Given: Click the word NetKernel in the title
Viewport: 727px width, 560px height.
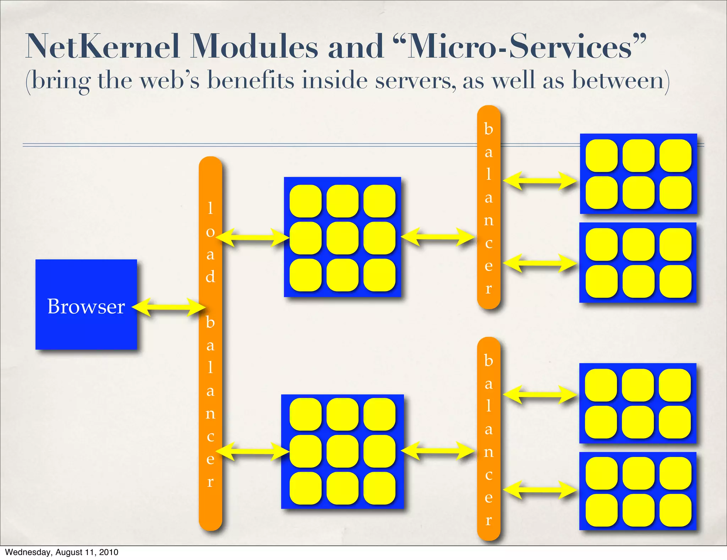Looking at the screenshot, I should click(x=103, y=47).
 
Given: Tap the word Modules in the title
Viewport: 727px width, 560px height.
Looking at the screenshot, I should click(x=254, y=47).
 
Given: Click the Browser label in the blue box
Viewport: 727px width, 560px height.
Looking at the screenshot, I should click(x=86, y=306).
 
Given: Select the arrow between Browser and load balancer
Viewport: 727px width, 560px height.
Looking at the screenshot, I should click(x=168, y=307).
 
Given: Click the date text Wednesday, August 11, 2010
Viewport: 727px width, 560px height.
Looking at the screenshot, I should click(x=61, y=552).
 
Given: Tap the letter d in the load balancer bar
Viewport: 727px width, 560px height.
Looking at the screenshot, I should click(x=211, y=276).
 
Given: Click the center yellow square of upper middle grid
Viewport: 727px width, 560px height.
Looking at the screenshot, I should click(x=343, y=238).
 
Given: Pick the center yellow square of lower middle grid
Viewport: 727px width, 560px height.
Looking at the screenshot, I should click(x=343, y=451).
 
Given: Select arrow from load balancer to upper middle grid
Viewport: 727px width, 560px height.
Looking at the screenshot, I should click(x=253, y=238).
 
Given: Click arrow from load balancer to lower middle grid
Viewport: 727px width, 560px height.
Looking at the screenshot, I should click(x=253, y=451).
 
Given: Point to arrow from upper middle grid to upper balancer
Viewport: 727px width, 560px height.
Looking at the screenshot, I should click(x=438, y=237).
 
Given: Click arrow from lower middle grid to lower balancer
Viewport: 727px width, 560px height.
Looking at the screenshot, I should click(x=438, y=451).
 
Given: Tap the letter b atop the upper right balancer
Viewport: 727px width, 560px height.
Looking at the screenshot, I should click(x=489, y=129).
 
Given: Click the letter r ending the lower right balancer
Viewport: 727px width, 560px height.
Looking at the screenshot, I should click(x=489, y=520).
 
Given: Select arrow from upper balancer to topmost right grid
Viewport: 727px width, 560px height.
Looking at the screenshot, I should click(x=540, y=181).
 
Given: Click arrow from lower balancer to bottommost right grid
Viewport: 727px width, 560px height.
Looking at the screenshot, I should click(x=540, y=490).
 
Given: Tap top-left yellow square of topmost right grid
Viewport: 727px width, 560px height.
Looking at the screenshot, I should click(x=602, y=156).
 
